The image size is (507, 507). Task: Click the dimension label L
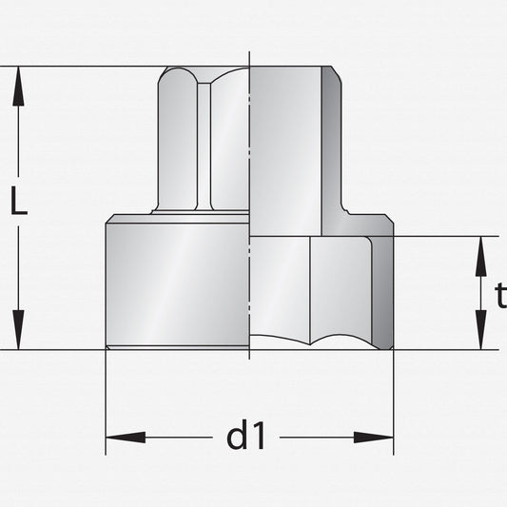19,201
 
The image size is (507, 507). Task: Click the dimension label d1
246,434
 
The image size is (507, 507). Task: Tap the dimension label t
501,296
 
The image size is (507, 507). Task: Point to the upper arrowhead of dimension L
18,86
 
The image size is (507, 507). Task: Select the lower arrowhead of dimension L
18,330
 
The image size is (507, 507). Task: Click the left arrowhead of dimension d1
126,438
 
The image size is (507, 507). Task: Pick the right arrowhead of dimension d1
374,438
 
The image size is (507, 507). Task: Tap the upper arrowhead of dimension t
481,256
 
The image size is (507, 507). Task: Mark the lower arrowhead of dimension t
481,330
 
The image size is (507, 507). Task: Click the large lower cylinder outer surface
178,284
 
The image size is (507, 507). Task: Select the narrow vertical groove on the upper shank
204,146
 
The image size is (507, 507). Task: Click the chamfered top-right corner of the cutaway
337,75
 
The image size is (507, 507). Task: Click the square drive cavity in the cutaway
285,151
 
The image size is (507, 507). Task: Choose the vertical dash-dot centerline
249,205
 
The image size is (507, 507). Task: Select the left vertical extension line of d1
106,402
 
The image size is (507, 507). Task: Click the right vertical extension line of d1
394,402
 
